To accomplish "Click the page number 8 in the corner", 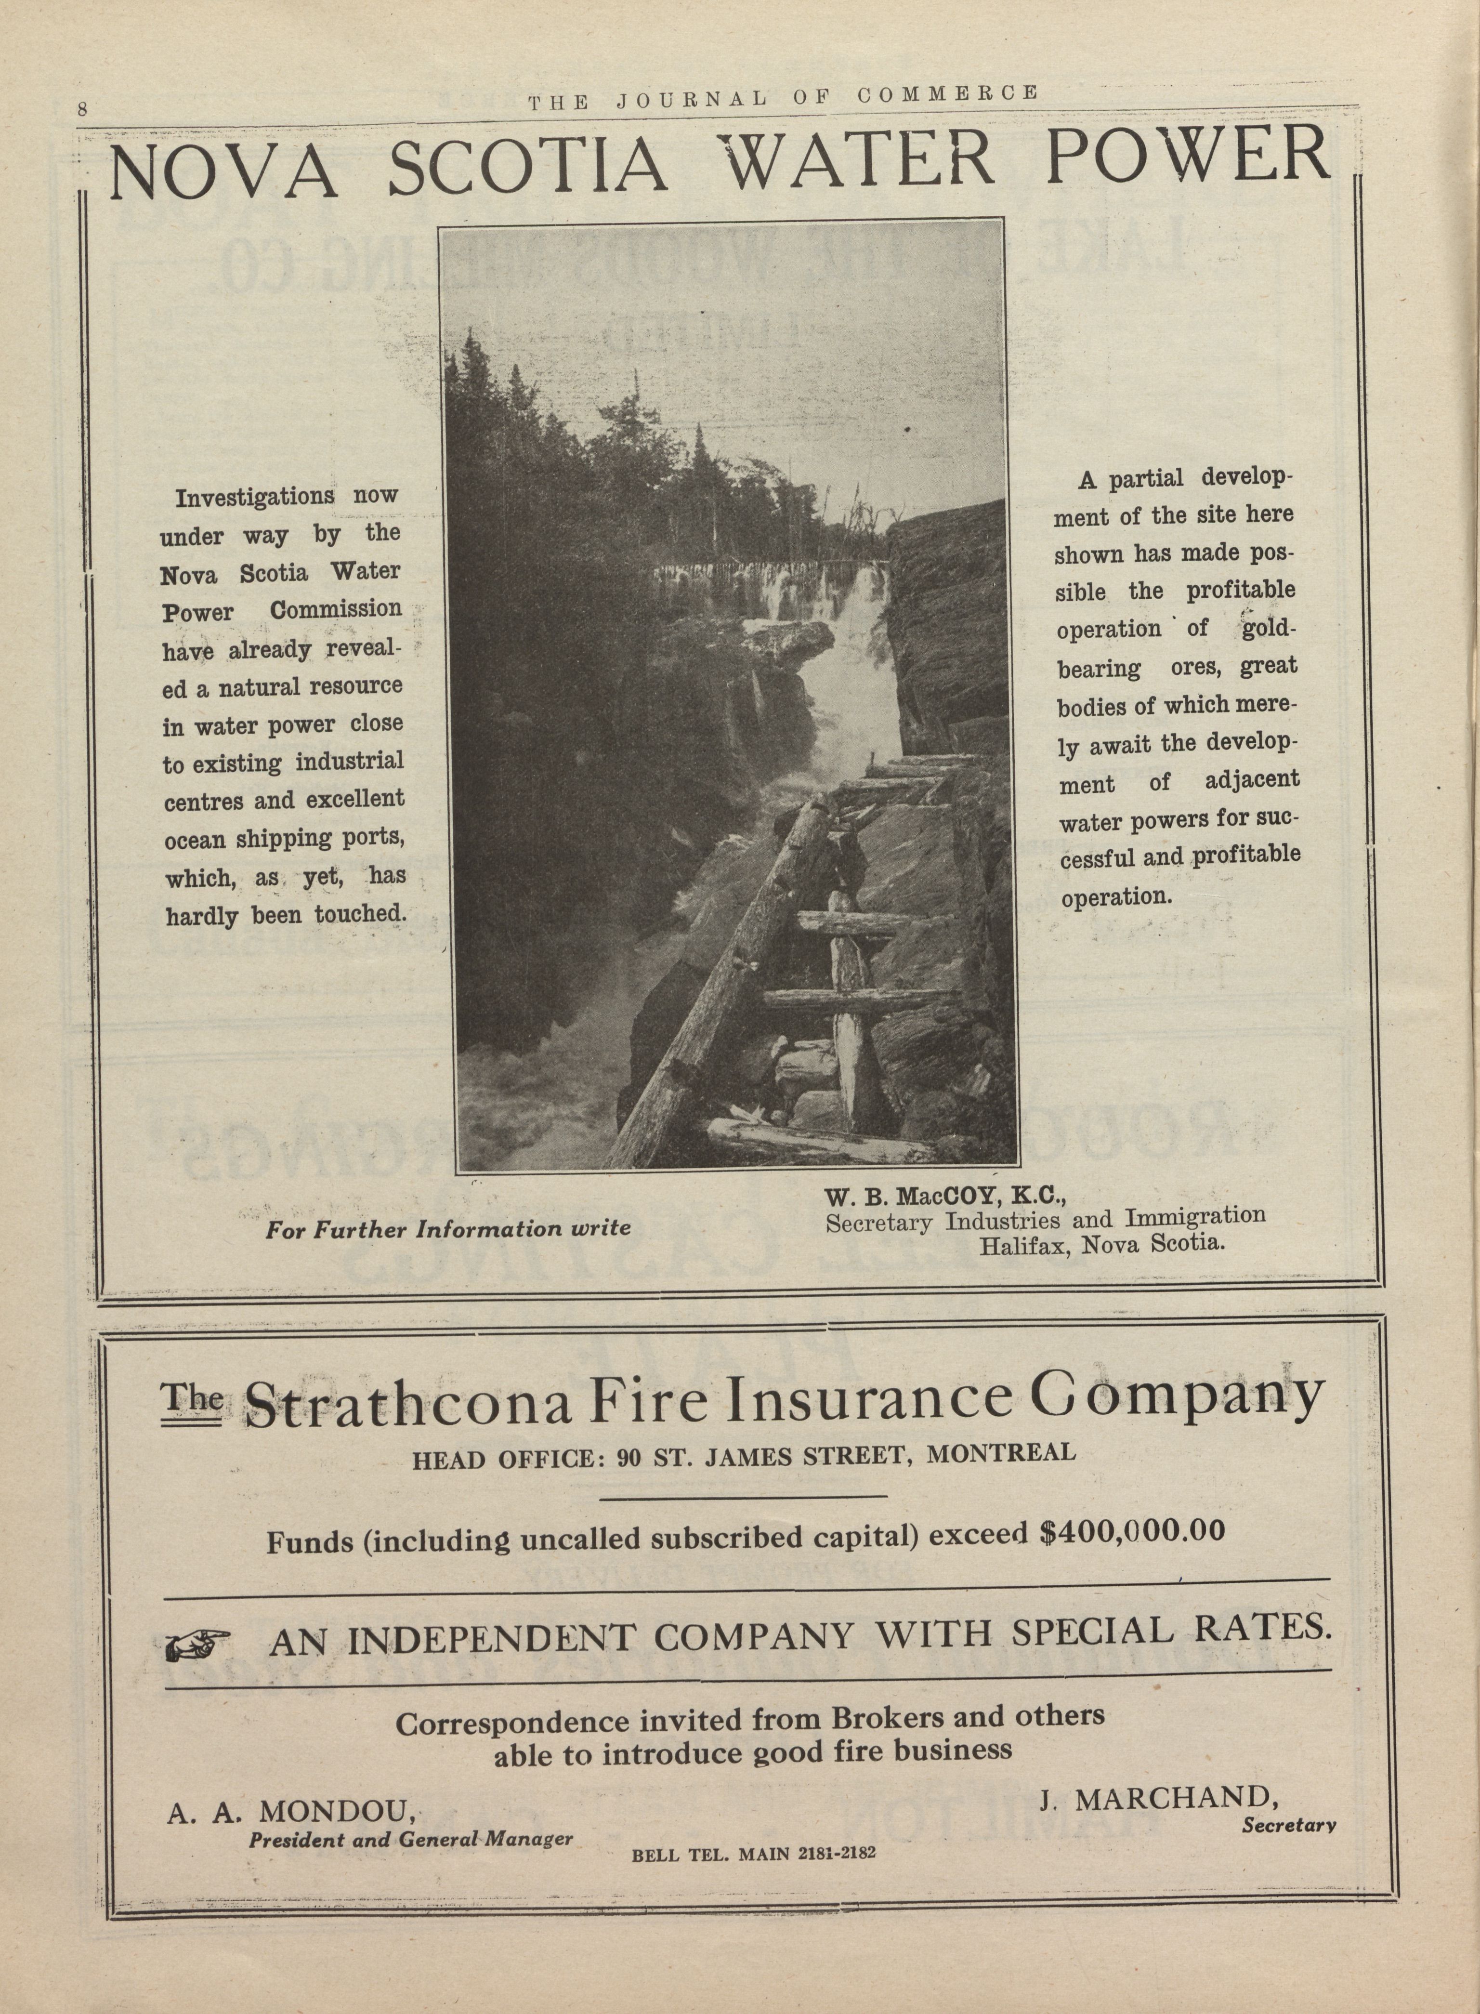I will pyautogui.click(x=81, y=109).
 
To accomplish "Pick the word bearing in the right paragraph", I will pyautogui.click(x=1099, y=668).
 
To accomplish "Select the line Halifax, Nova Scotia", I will pyautogui.click(x=1101, y=1244).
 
